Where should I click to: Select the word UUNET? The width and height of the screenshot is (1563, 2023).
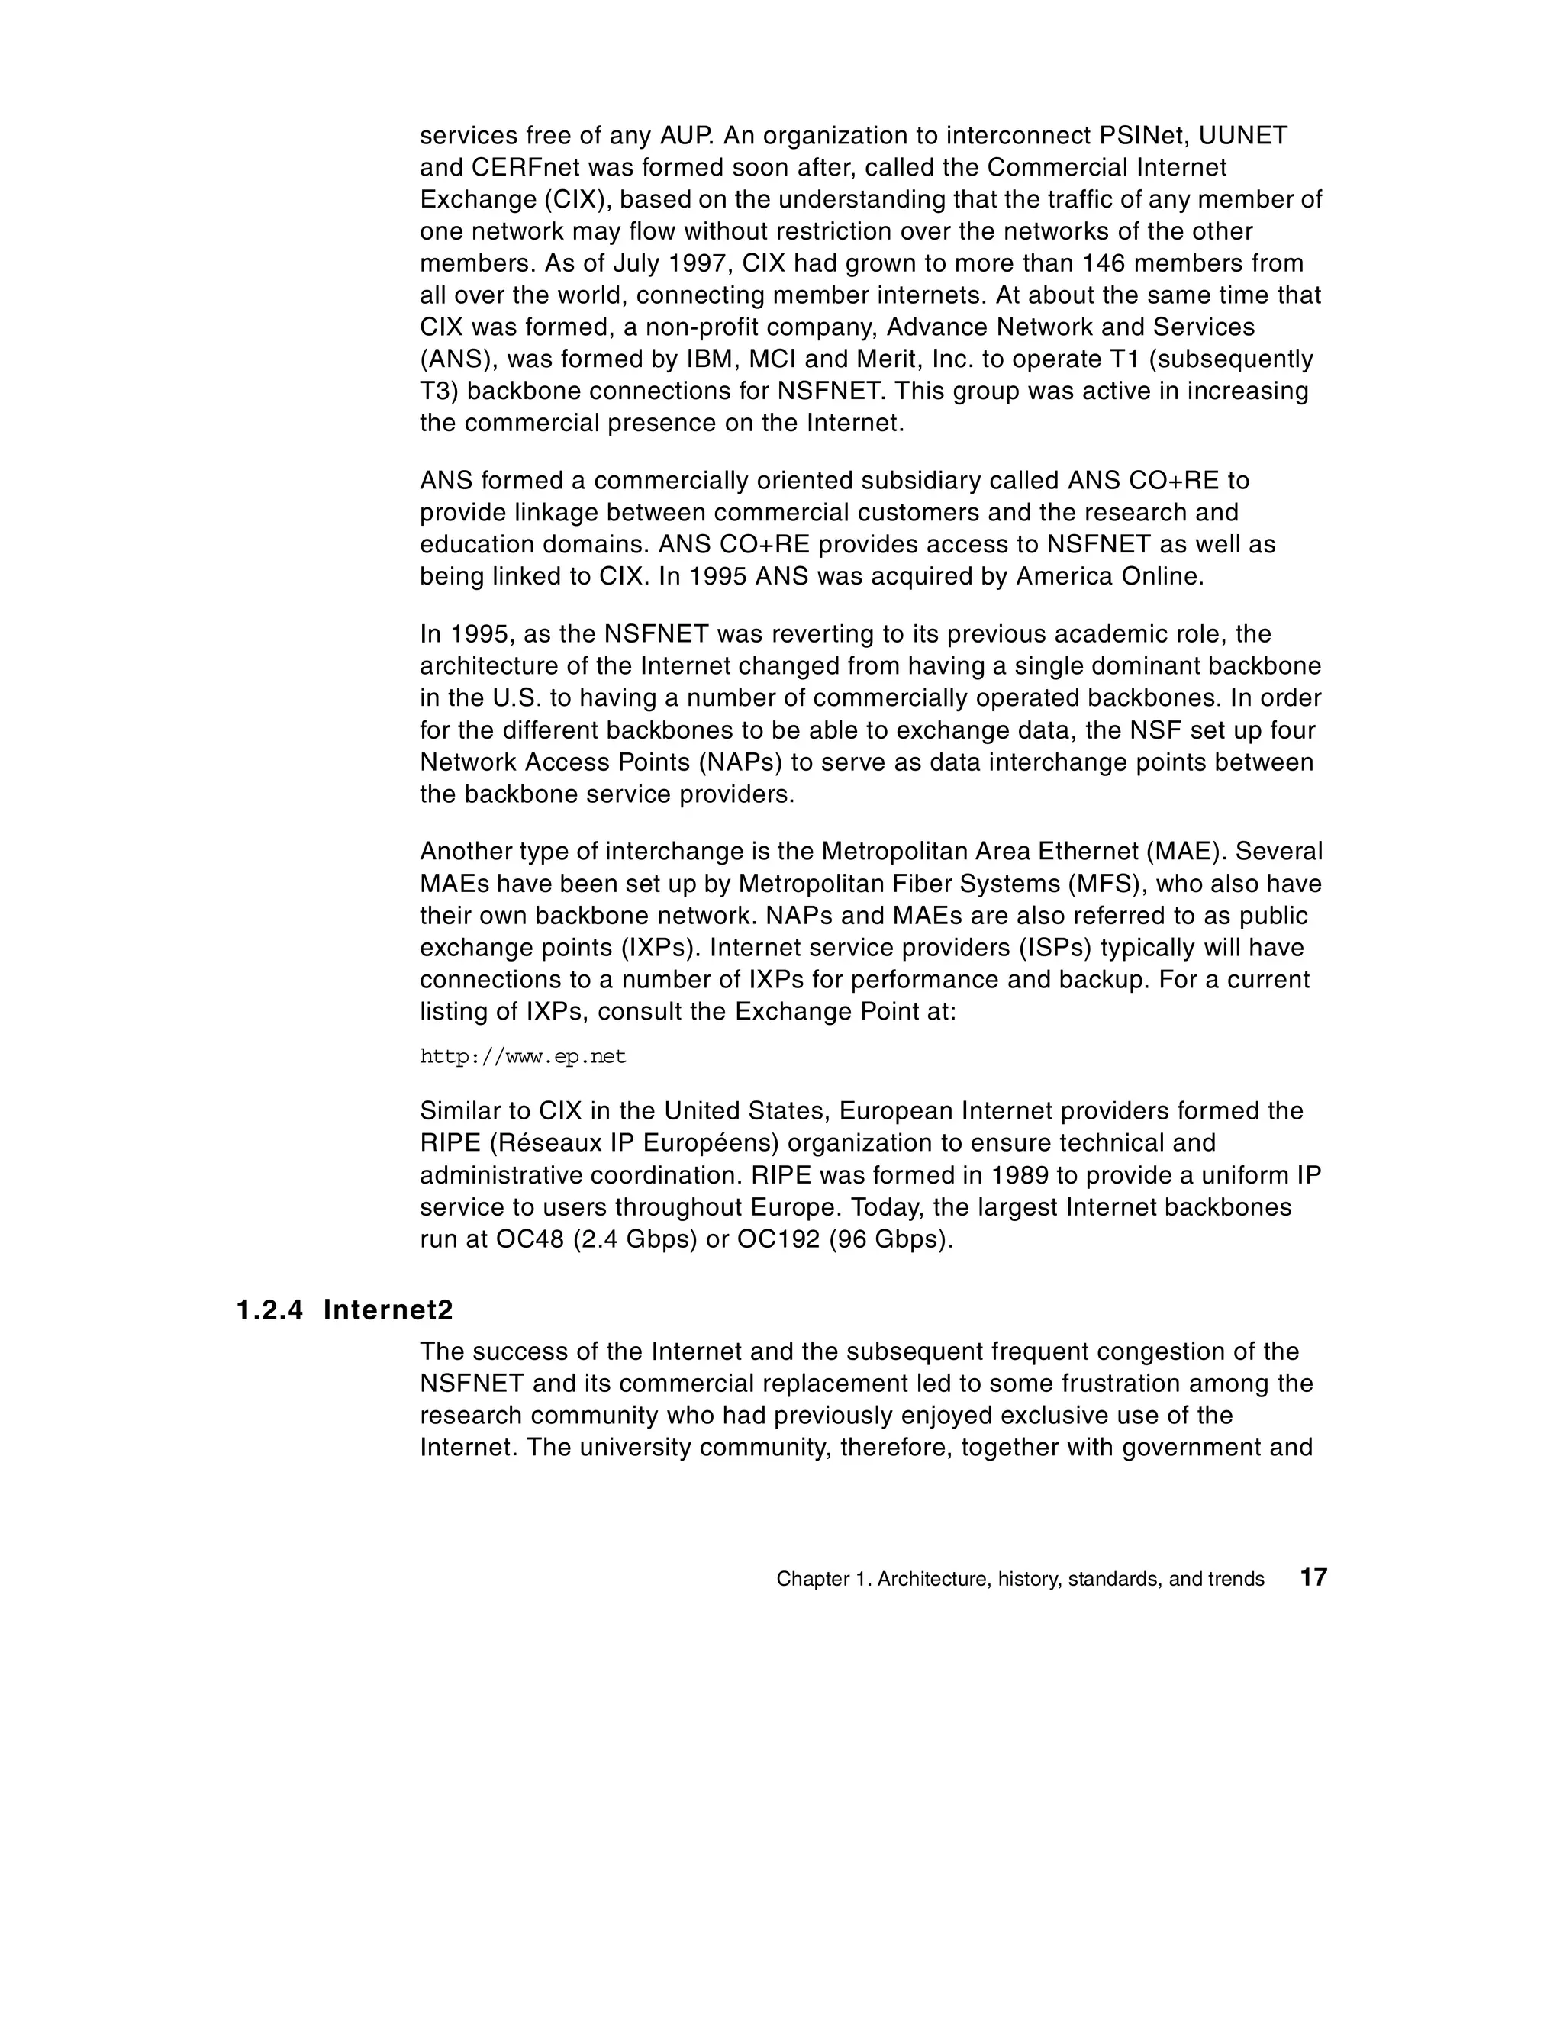1243,136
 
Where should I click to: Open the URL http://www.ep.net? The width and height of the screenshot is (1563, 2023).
524,1057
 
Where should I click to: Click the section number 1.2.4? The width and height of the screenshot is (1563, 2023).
269,1311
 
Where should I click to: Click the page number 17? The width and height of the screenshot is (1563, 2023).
1313,1577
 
